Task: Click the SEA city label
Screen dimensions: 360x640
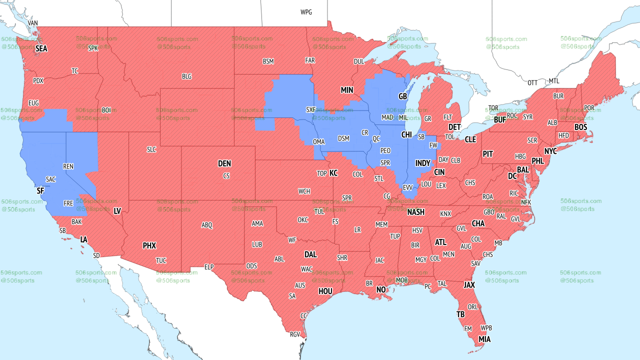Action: pyautogui.click(x=41, y=48)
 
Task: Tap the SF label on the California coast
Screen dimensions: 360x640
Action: pyautogui.click(x=40, y=190)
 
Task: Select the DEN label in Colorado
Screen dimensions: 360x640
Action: pyautogui.click(x=224, y=163)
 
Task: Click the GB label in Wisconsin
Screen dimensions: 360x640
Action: pyautogui.click(x=402, y=96)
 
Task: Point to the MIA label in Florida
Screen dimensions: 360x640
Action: pyautogui.click(x=484, y=339)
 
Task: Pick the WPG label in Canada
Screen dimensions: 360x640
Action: pyautogui.click(x=306, y=12)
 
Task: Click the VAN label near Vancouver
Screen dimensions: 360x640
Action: pyautogui.click(x=33, y=23)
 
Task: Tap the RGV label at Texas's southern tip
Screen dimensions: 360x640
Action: pyautogui.click(x=295, y=334)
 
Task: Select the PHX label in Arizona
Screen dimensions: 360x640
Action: pyautogui.click(x=149, y=245)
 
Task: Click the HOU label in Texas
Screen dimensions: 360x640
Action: pyautogui.click(x=325, y=291)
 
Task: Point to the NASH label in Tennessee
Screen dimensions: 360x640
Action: pyautogui.click(x=415, y=212)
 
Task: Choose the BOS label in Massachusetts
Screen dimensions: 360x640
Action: pyautogui.click(x=580, y=127)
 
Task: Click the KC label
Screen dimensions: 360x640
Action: pyautogui.click(x=333, y=173)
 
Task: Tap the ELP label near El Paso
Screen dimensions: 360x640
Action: pyautogui.click(x=209, y=267)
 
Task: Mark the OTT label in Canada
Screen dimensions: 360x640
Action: pyautogui.click(x=532, y=82)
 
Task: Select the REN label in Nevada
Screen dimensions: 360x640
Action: pyautogui.click(x=68, y=166)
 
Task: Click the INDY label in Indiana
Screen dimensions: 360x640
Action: pyautogui.click(x=422, y=163)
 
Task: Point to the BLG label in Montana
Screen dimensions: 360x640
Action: pyautogui.click(x=186, y=76)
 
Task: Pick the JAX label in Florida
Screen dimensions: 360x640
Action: pyautogui.click(x=469, y=284)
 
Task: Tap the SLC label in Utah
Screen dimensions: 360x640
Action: pyautogui.click(x=151, y=149)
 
